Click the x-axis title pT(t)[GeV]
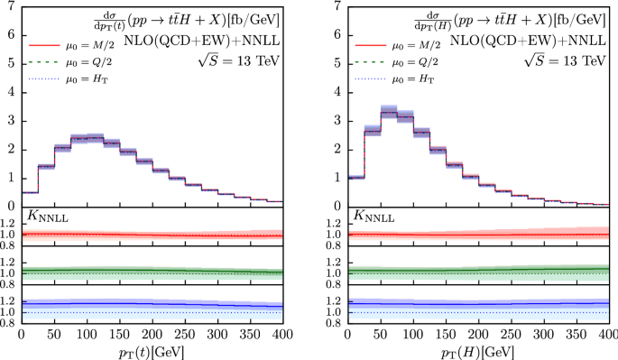pos(153,350)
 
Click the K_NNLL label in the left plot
pos(45,217)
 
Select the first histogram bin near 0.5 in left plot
pos(29,192)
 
